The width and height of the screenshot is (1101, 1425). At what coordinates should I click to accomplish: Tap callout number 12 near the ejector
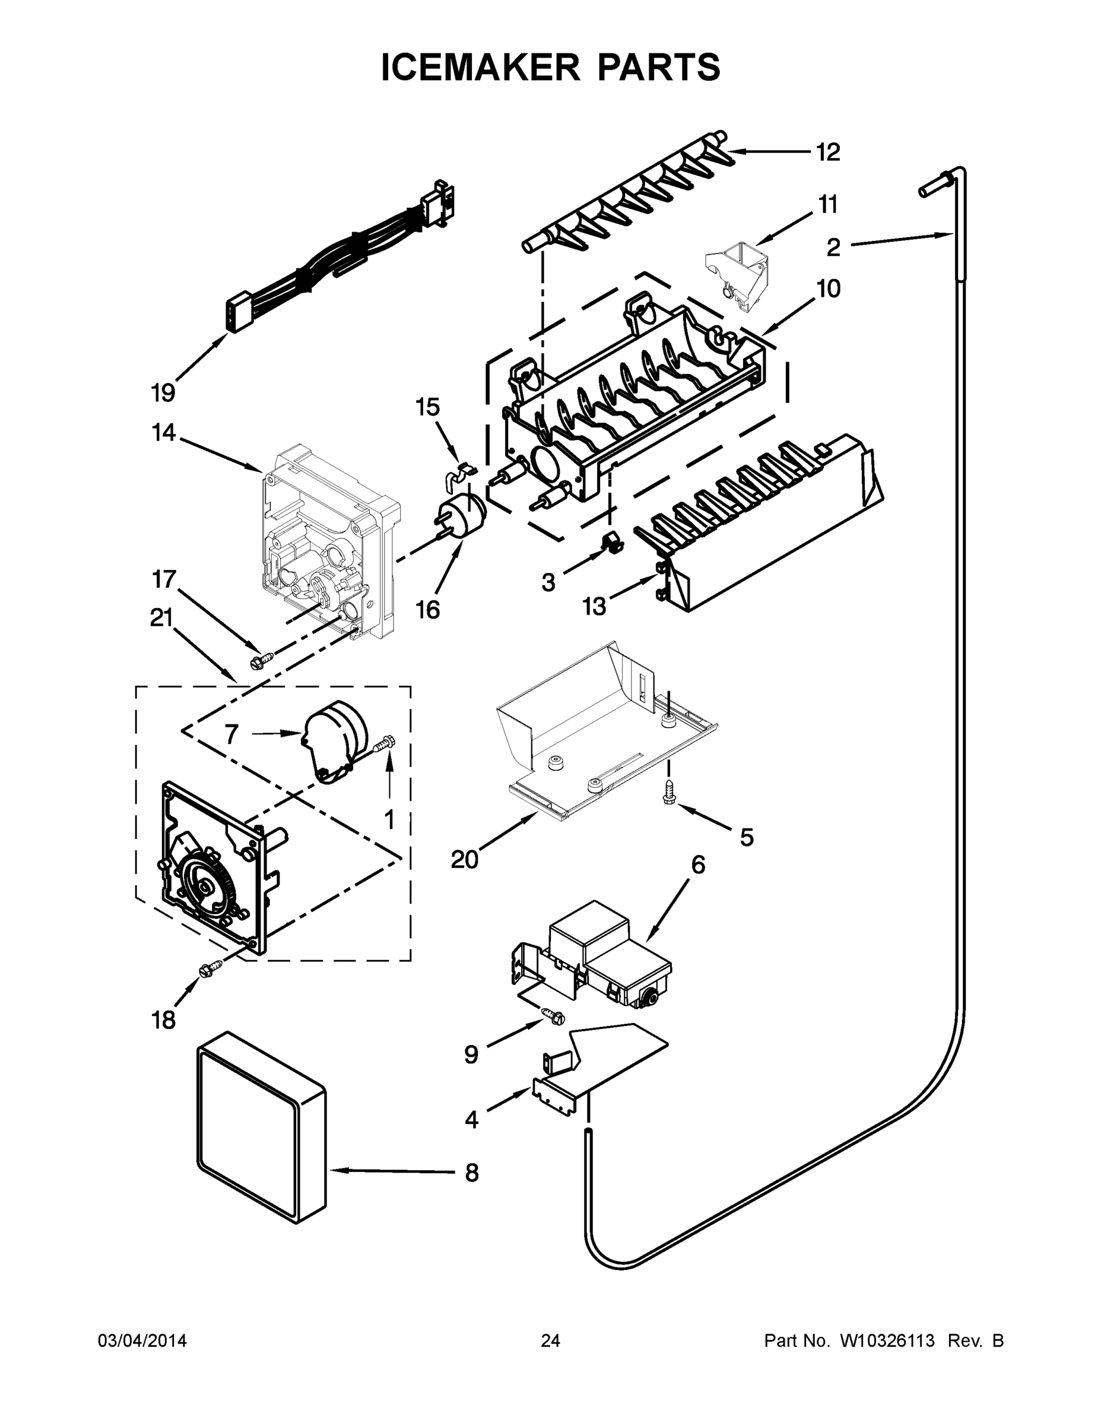pos(829,152)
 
